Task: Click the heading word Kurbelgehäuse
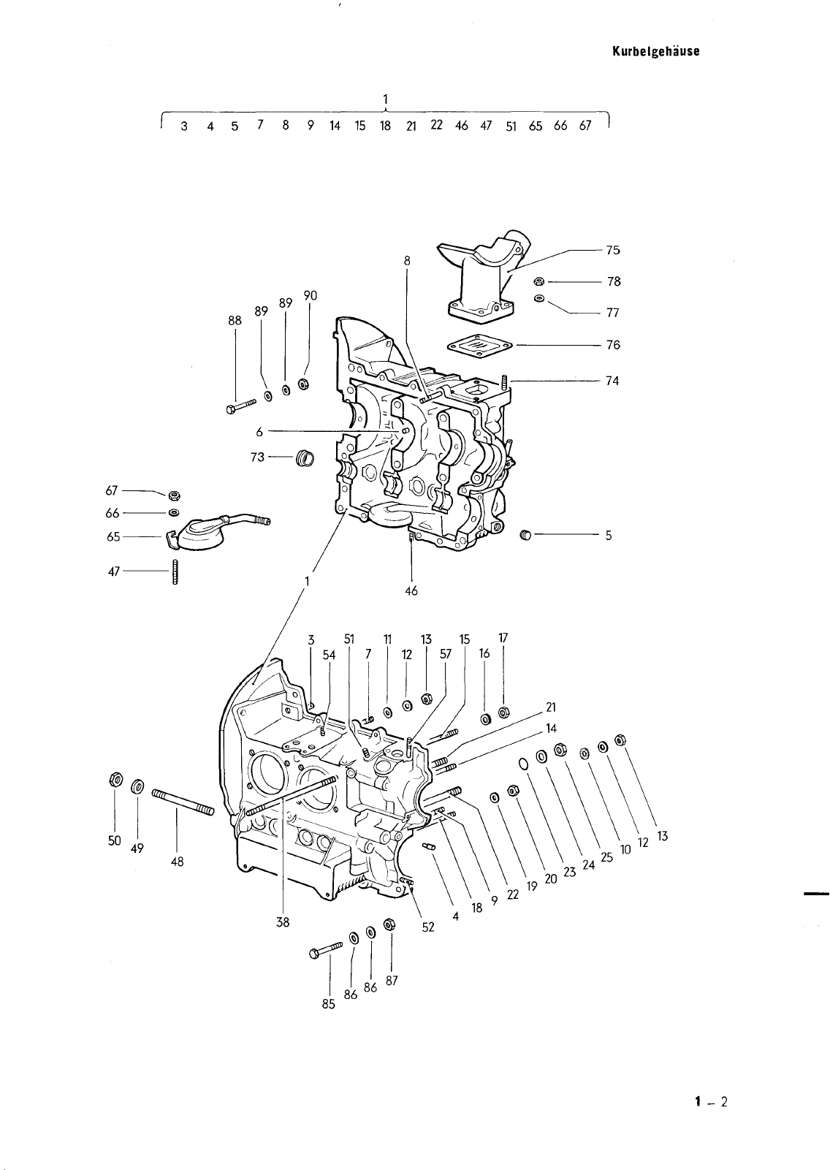[655, 52]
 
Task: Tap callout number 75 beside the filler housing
[613, 250]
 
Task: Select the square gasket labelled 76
[479, 345]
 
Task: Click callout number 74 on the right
[613, 381]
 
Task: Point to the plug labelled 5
[526, 535]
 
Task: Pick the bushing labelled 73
[305, 458]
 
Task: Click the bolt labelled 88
[241, 406]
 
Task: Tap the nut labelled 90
[303, 384]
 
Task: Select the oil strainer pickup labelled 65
[217, 531]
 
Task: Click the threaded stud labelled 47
[175, 572]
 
